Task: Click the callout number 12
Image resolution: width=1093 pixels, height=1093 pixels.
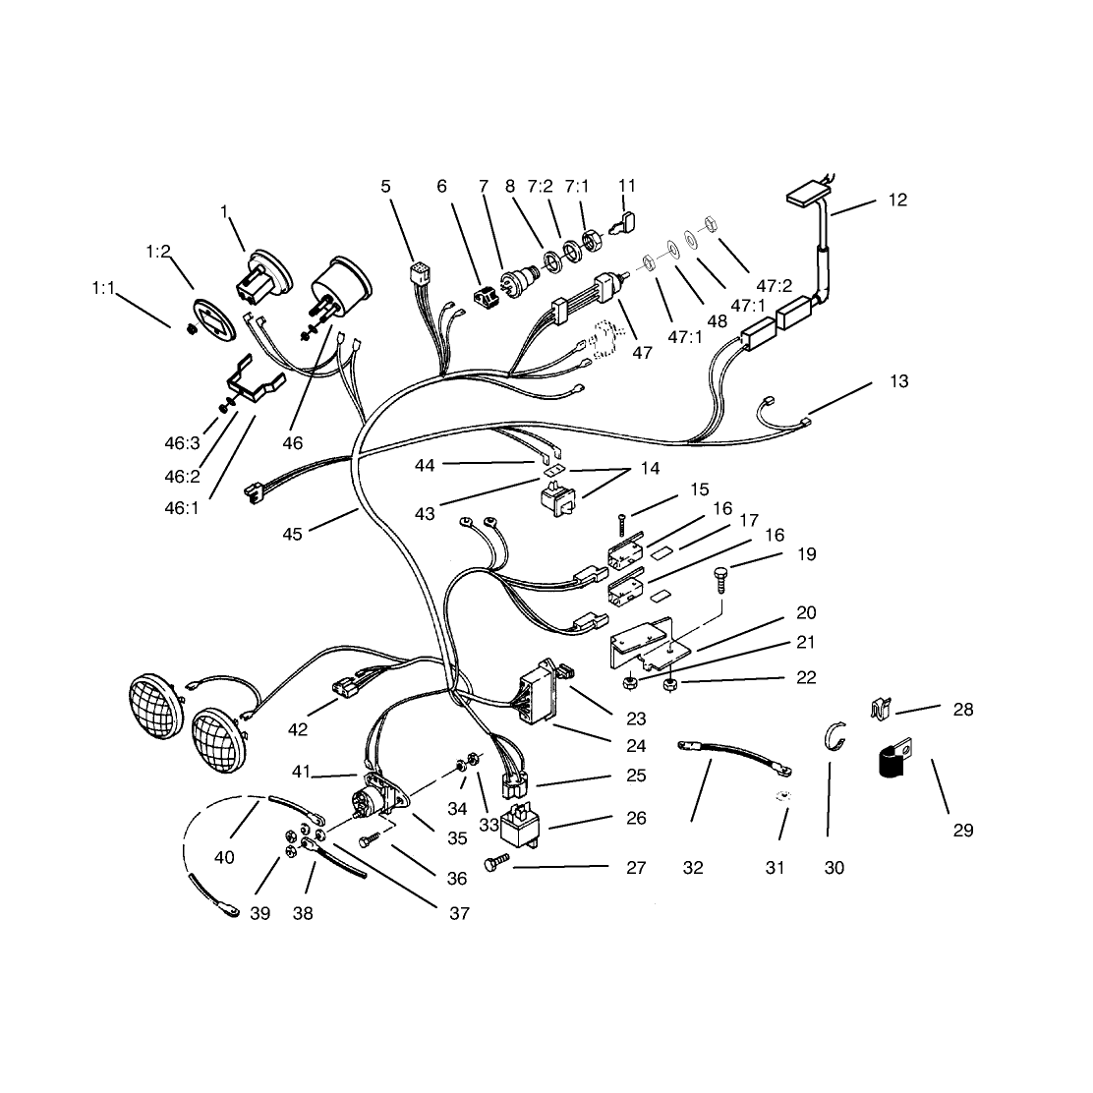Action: click(897, 201)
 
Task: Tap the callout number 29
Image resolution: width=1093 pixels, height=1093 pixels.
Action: click(962, 831)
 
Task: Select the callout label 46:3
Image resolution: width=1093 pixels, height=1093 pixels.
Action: click(182, 443)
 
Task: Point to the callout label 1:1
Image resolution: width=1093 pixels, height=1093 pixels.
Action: click(104, 288)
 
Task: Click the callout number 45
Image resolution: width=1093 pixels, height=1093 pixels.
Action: click(292, 534)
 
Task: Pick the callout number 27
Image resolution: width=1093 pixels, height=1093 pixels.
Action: click(636, 868)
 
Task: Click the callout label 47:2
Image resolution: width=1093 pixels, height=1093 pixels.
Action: click(775, 286)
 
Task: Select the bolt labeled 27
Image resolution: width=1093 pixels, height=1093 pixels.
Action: click(496, 864)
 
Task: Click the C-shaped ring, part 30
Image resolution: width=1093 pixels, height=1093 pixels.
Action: click(835, 736)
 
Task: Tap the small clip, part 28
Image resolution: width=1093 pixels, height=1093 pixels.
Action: click(882, 710)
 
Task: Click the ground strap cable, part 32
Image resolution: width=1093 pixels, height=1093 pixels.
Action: click(734, 758)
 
